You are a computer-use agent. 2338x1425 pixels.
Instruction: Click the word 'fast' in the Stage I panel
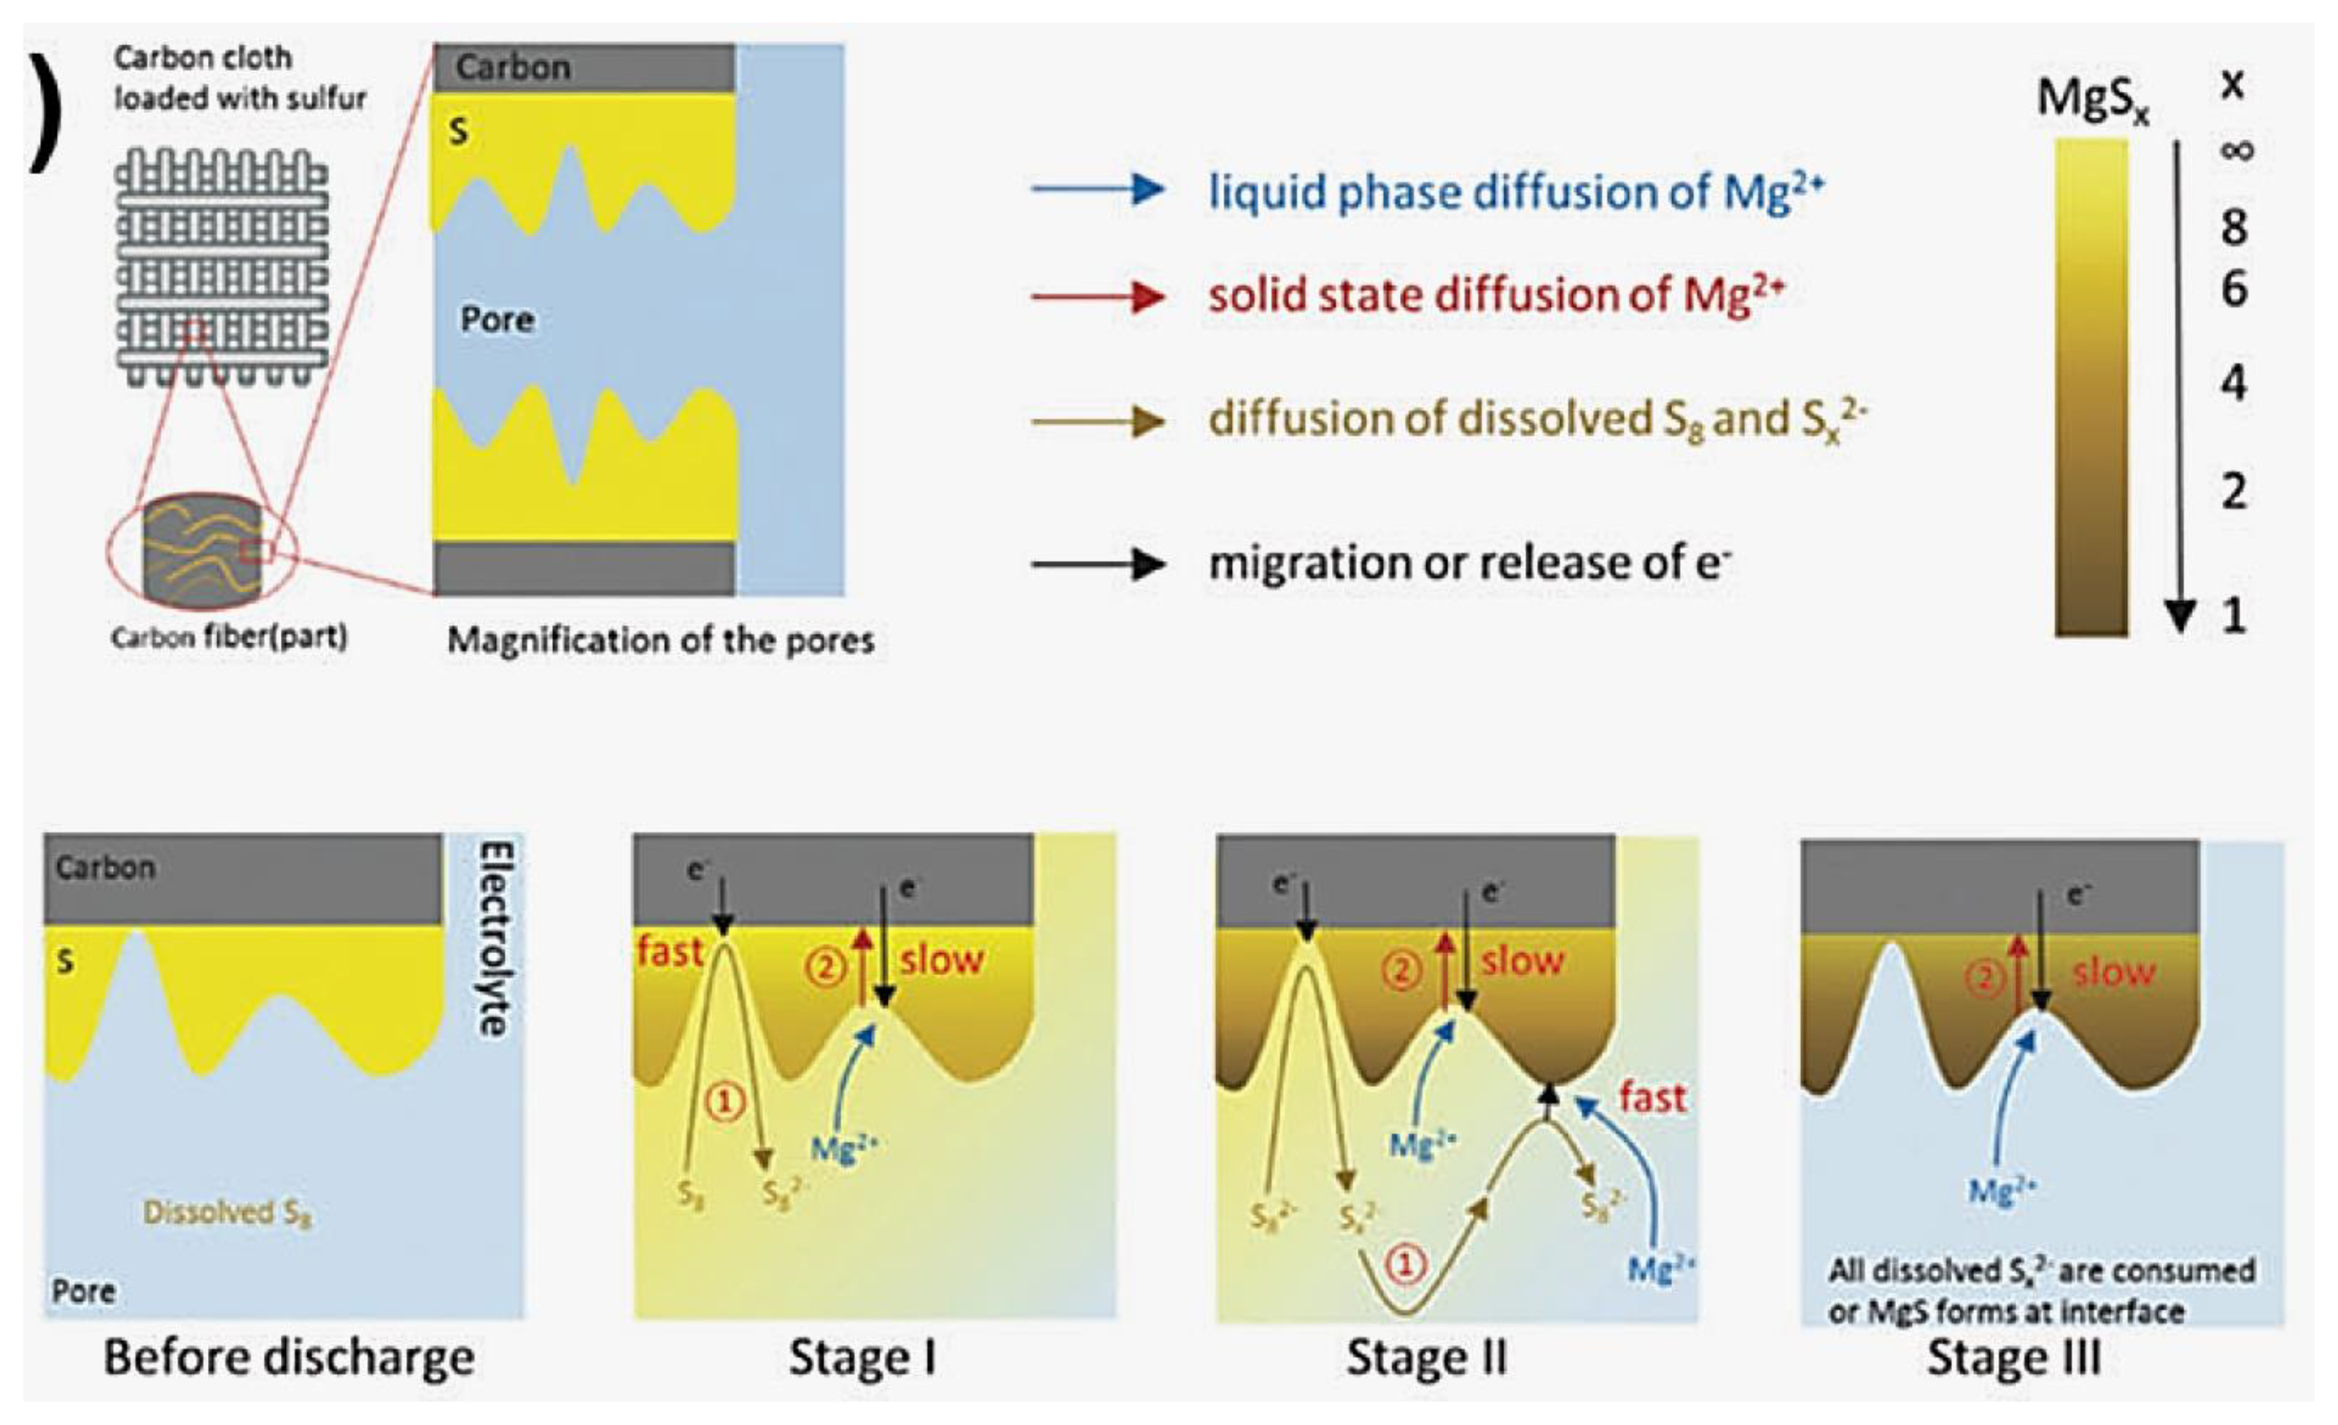tap(670, 952)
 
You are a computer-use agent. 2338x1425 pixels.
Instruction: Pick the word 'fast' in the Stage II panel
tap(1652, 1098)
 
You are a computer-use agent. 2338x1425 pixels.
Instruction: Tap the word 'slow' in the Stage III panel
tap(2113, 972)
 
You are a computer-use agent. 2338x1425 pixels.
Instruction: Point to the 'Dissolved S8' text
tap(228, 1213)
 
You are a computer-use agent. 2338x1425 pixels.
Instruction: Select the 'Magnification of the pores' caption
tap(660, 640)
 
